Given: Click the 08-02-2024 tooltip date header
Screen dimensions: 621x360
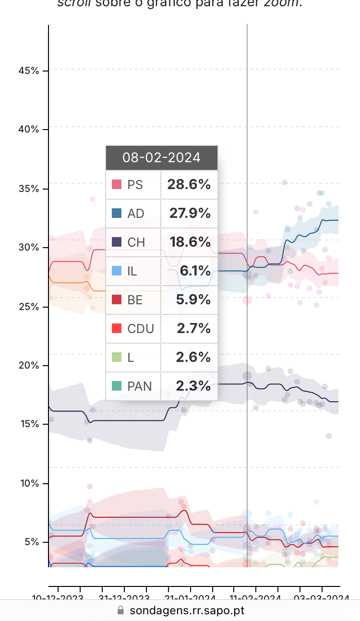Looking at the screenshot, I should (x=161, y=157).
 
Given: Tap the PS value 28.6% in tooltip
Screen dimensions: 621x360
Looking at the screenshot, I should (x=189, y=185).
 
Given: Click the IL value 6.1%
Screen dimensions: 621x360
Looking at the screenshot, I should (x=195, y=271).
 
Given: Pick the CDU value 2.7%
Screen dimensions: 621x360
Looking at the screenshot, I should (x=193, y=329).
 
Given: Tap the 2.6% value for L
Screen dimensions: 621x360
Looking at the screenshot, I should (x=193, y=358).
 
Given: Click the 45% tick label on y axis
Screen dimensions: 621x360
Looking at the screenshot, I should (x=28, y=71).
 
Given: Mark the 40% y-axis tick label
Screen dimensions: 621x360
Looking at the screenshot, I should (x=28, y=130).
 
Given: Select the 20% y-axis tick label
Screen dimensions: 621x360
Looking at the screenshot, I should (x=28, y=366).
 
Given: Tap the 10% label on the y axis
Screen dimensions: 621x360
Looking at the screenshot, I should (x=28, y=483).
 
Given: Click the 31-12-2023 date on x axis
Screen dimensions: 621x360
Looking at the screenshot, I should (x=124, y=598).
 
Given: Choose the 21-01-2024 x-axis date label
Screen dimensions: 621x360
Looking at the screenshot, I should (x=190, y=598).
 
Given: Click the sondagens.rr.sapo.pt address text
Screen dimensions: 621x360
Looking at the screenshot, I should (x=187, y=610).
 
